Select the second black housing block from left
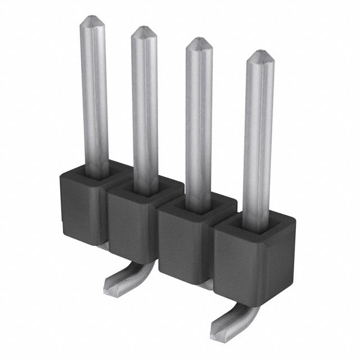pos(128,225)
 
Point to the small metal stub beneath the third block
pos(206,285)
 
